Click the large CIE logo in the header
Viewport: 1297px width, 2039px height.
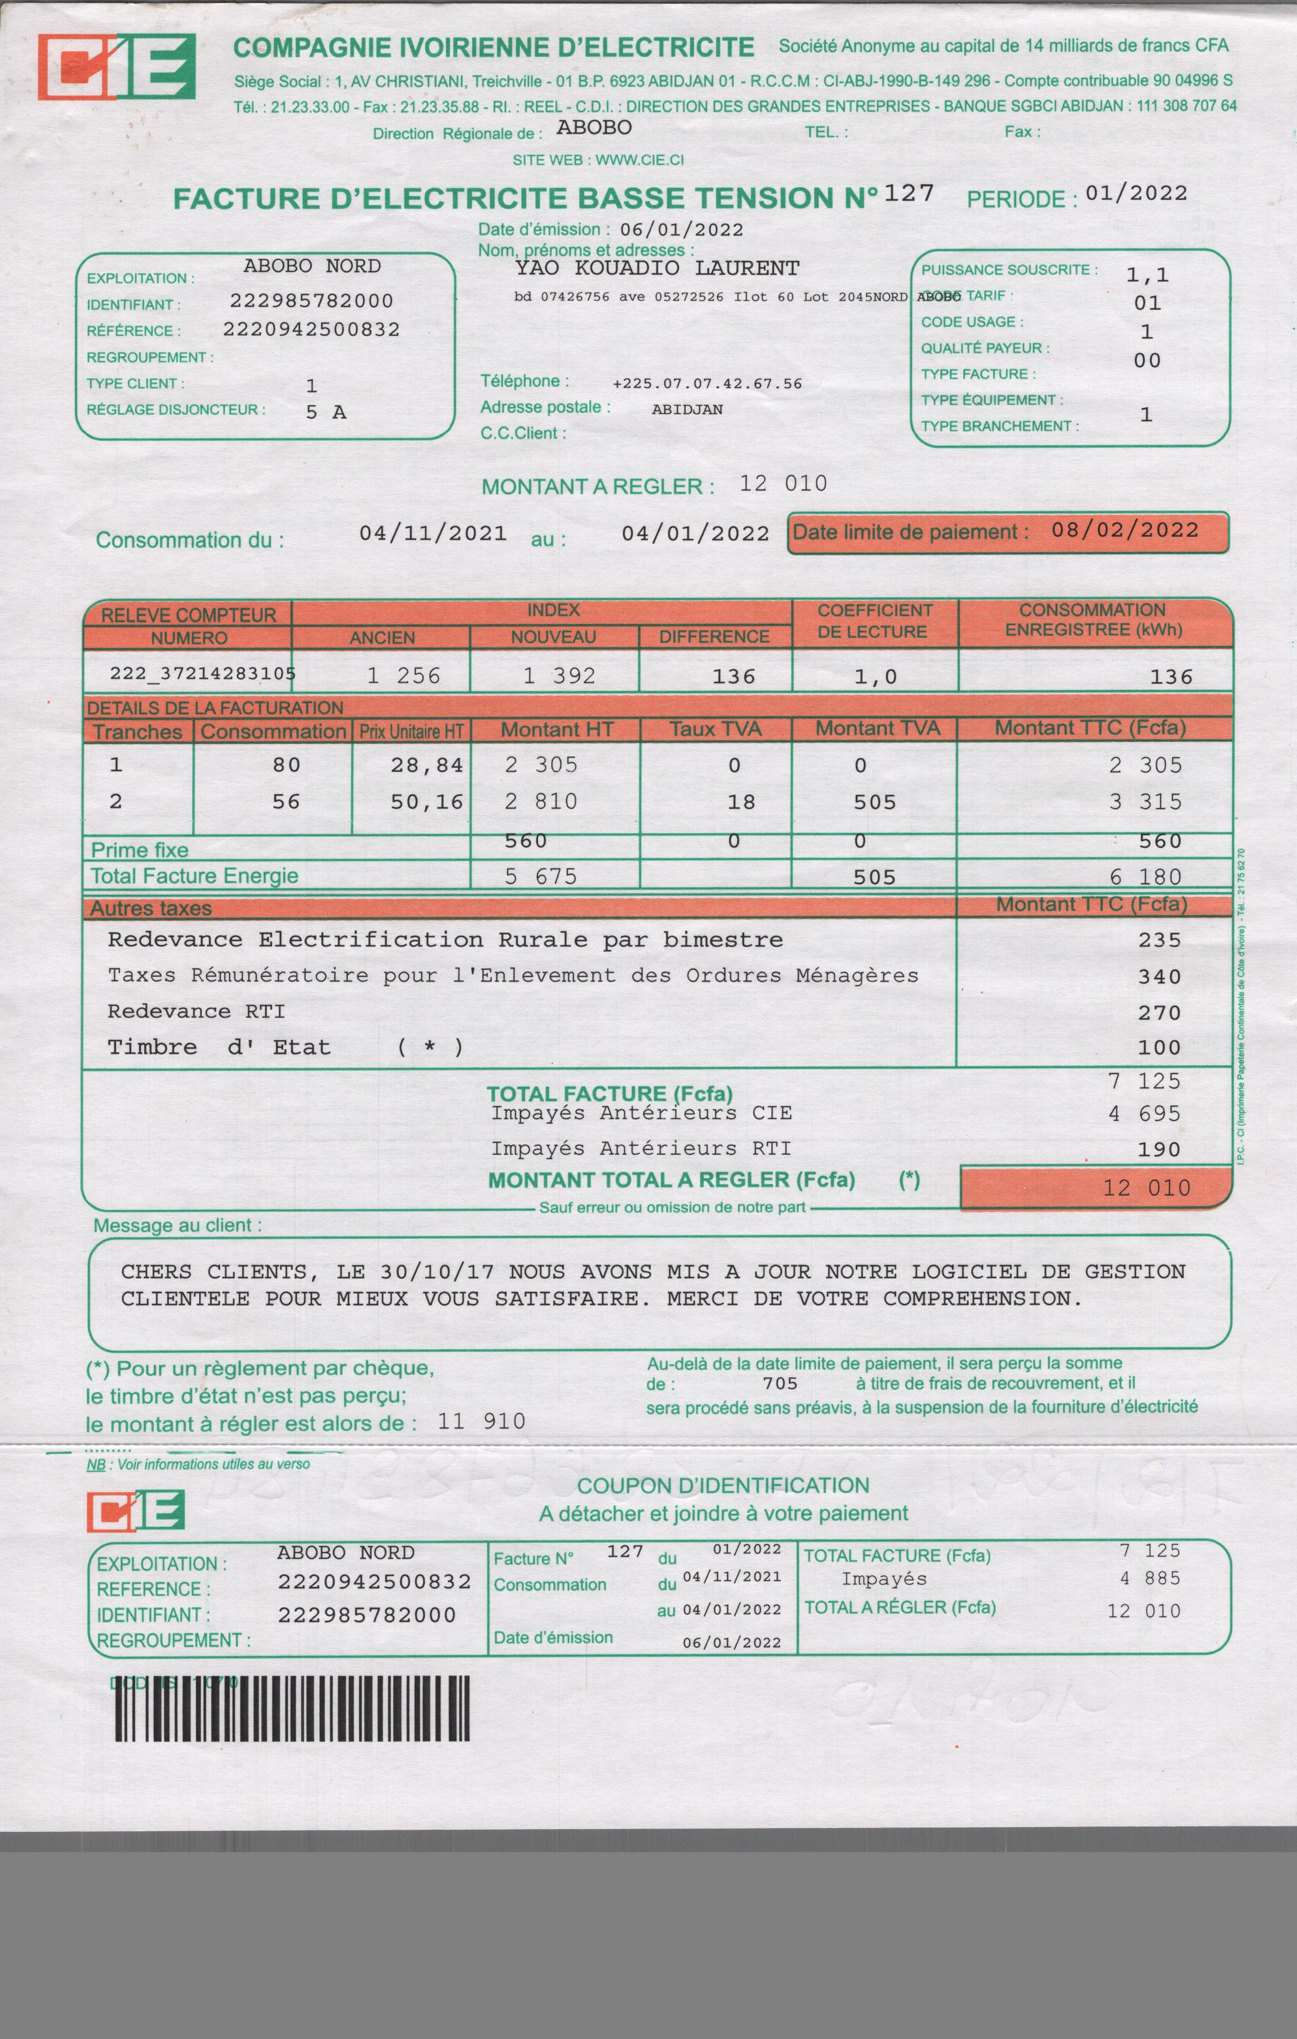(x=117, y=67)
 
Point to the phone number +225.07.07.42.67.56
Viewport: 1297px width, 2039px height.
(x=707, y=384)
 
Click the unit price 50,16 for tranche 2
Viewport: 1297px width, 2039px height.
(x=427, y=802)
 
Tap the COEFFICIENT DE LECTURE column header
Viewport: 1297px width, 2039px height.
(x=874, y=622)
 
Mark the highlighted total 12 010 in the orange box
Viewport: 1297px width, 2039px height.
(x=1146, y=1188)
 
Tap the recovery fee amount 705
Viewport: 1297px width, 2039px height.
(x=780, y=1383)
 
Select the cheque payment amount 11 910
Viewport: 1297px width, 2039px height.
(x=482, y=1421)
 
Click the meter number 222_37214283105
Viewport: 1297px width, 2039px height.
(x=202, y=674)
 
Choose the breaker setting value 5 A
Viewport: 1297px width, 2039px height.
(x=326, y=412)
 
